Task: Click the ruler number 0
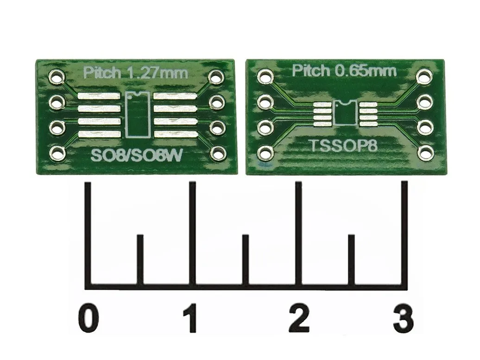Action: coord(88,319)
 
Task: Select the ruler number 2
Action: coord(299,319)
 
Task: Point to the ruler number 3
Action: coord(403,319)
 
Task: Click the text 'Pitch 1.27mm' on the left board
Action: coord(135,73)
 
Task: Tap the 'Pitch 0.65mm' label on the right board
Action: coord(344,71)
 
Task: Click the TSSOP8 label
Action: coord(343,146)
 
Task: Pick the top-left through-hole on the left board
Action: coord(57,76)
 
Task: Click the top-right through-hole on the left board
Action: coord(216,77)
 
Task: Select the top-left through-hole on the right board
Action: coord(265,76)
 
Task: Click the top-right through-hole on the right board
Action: coord(424,76)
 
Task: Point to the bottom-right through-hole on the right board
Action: coord(425,152)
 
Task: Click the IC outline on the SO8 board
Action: coord(138,114)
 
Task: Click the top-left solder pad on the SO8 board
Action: coord(100,96)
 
